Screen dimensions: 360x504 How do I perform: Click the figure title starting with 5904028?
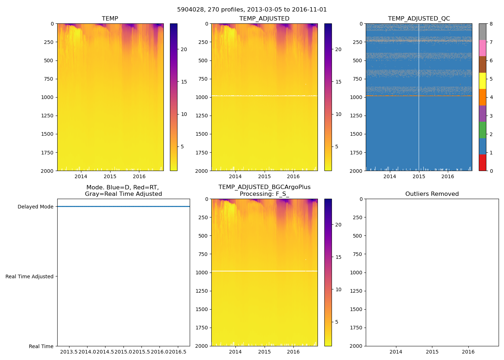point(252,10)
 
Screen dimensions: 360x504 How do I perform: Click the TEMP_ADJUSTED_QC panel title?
point(419,19)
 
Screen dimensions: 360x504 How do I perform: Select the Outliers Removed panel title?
point(432,194)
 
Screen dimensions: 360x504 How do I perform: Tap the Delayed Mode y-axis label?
point(35,207)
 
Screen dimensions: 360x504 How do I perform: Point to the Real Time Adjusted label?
point(29,276)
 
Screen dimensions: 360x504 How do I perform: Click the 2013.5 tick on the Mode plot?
point(69,352)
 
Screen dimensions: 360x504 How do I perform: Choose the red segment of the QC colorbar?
point(482,163)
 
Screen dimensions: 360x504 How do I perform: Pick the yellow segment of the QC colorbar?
point(482,81)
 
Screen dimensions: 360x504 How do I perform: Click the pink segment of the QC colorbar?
point(482,48)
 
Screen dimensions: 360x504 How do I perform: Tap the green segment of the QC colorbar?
point(482,130)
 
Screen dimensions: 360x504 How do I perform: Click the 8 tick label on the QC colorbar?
point(491,24)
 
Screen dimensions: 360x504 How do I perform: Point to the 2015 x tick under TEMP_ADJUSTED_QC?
point(419,176)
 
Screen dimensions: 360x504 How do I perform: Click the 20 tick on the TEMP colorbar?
point(184,49)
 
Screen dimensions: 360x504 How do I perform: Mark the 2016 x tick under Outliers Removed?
point(468,352)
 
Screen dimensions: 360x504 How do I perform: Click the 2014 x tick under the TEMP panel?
point(81,176)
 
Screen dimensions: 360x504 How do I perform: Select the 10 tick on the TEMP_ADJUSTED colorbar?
point(338,114)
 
